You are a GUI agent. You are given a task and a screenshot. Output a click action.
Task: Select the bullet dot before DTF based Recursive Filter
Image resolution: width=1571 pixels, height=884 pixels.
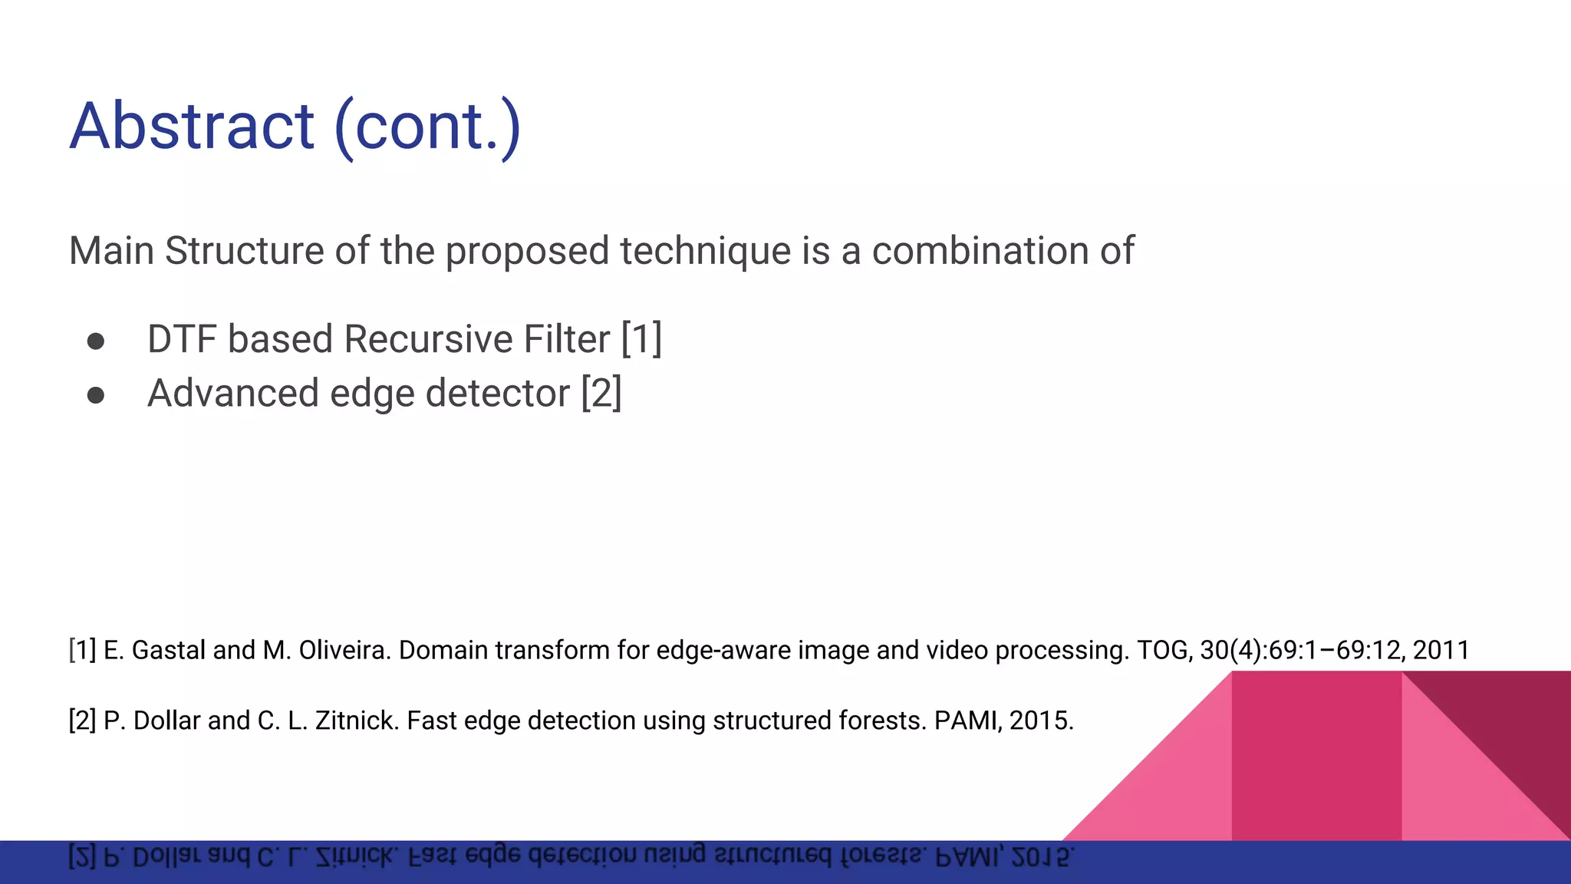[96, 341]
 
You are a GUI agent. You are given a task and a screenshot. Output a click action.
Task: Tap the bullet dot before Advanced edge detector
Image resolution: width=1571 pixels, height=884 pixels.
[96, 395]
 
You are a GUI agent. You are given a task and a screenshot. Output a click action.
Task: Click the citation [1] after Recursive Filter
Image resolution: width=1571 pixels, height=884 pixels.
[641, 339]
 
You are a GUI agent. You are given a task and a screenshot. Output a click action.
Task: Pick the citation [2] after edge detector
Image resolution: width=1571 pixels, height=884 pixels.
[601, 394]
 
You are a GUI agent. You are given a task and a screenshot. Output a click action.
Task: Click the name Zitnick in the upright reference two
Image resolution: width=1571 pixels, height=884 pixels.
[356, 721]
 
